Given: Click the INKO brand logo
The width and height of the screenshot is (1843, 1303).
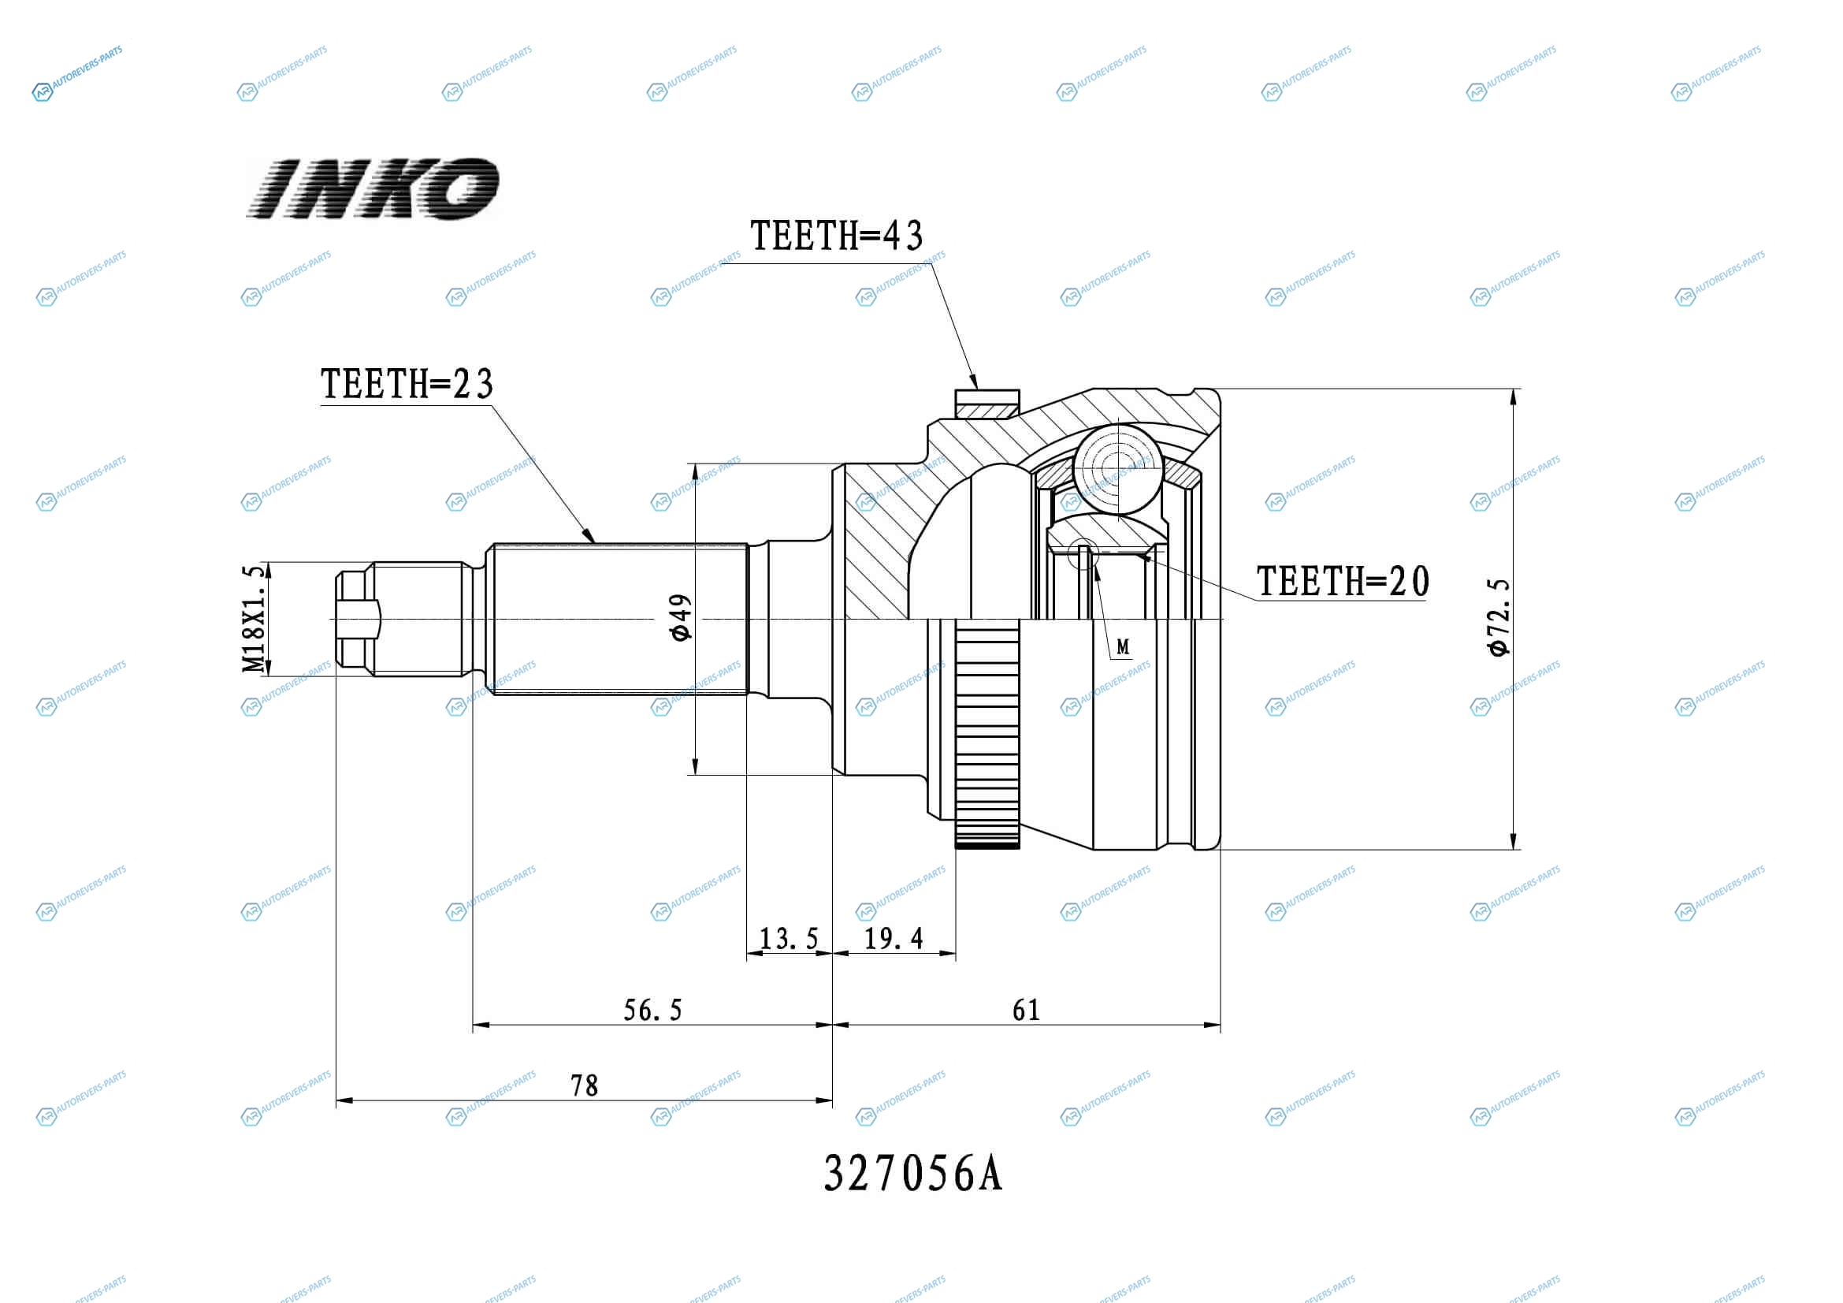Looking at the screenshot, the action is coord(373,188).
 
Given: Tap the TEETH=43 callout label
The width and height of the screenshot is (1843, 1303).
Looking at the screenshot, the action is coord(837,235).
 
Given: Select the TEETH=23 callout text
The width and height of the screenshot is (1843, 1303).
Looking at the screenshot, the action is coord(407,384).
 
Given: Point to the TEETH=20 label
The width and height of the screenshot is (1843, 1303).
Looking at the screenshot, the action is coord(1343,581).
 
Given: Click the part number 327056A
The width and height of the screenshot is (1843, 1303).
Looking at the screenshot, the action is coord(913,1174).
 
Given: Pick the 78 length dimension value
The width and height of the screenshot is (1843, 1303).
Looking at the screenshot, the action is coord(585,1085).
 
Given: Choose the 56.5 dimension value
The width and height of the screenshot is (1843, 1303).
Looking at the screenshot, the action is coord(652,1010).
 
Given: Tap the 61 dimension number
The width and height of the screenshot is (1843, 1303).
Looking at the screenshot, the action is coord(1026,1010).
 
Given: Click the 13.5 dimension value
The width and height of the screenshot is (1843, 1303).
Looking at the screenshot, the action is coord(789,939).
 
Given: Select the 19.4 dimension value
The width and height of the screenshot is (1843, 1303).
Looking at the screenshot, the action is coord(894,938).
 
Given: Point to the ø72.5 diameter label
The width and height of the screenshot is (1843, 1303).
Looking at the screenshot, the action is coord(1499,616).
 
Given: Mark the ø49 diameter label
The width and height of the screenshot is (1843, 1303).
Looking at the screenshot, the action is coord(680,617).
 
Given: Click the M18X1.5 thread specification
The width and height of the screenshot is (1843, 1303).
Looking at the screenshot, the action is coord(253,618).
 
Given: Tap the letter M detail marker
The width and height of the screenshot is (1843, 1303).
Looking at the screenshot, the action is coord(1123,646).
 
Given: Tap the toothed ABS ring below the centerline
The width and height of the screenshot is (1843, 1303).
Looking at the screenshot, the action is coord(987,734).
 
